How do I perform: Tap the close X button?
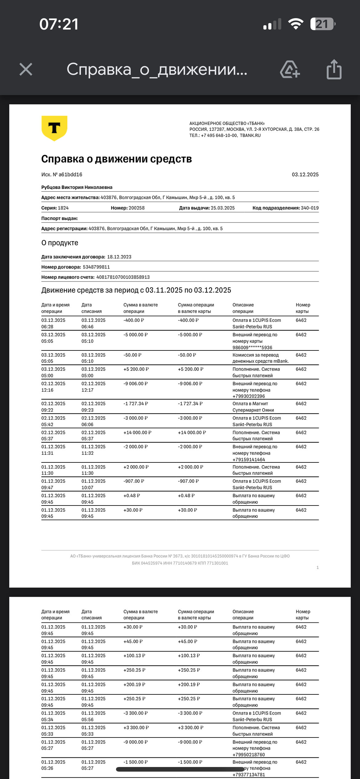26,69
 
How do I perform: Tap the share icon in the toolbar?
334,70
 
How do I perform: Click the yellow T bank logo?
54,128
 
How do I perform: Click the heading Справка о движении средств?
116,159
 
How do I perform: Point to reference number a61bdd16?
70,174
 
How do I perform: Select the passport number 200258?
136,208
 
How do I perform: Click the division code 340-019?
310,208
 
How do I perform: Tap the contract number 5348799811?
96,267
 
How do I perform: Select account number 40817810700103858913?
123,277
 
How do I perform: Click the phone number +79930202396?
249,396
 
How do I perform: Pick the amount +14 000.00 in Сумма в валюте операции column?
137,433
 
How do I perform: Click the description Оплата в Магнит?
250,404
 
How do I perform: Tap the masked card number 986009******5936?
252,348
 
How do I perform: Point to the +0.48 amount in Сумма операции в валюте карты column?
186,496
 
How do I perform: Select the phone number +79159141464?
249,460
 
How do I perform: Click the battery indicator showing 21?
322,24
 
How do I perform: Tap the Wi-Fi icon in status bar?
296,24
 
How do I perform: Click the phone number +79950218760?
249,755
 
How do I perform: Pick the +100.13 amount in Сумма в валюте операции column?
134,656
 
